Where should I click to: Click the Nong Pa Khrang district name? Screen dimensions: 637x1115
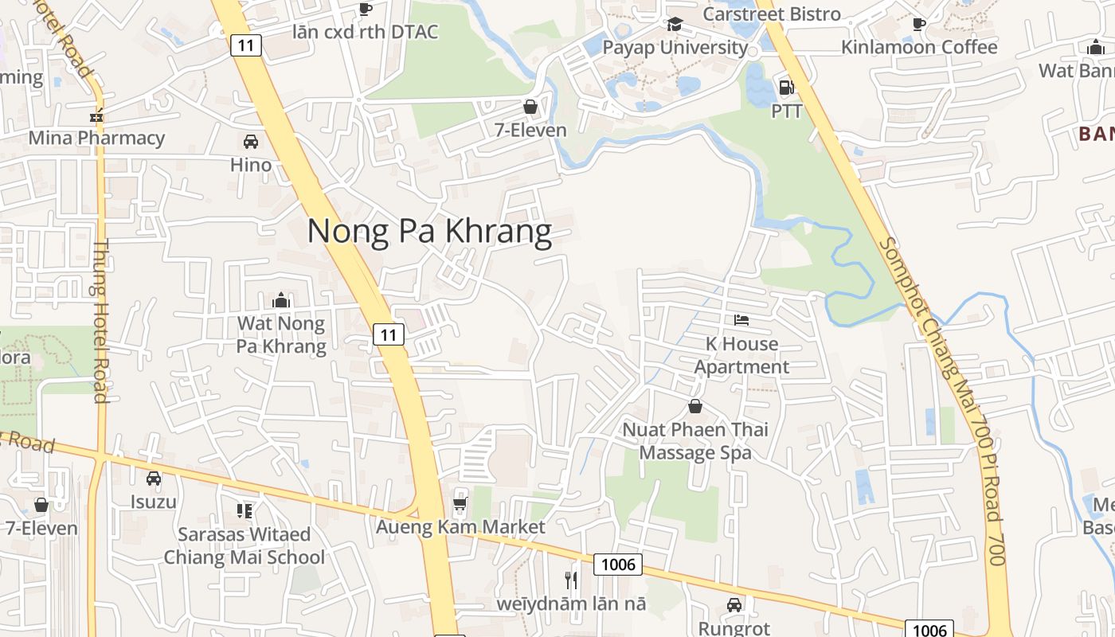429,231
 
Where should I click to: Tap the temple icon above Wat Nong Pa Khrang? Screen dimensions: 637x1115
280,300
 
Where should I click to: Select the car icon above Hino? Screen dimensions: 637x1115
250,142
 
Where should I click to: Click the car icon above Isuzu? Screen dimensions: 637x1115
153,479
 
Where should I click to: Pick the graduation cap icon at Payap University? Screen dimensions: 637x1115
675,24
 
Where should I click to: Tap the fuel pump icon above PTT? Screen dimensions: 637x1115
786,88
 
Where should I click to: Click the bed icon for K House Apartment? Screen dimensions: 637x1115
741,320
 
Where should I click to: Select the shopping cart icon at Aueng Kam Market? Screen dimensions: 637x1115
460,503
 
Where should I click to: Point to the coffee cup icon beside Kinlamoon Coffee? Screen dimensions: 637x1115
918,24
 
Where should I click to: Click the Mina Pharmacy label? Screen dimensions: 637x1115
96,138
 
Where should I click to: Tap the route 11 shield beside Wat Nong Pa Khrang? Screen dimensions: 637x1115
388,335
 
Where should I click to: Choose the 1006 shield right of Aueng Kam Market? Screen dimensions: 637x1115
619,565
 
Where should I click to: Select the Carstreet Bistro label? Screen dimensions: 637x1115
772,14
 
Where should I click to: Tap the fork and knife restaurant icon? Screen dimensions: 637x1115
570,580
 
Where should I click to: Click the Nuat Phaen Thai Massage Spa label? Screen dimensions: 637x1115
695,441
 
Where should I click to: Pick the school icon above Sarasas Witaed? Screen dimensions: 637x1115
245,510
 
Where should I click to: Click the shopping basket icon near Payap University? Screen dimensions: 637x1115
530,106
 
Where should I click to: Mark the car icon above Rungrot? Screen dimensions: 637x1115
734,605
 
